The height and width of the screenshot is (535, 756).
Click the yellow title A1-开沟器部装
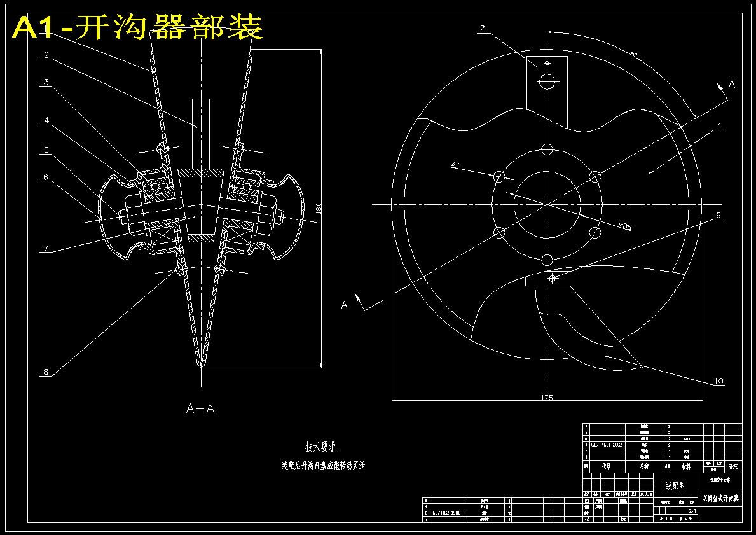click(x=137, y=27)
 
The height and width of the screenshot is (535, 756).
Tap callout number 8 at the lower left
click(x=45, y=373)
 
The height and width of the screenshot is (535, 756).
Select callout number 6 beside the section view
click(x=46, y=178)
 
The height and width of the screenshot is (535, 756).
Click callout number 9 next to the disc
click(x=718, y=216)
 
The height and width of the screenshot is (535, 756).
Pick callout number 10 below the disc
click(x=718, y=381)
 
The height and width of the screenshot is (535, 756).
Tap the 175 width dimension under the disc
click(x=547, y=398)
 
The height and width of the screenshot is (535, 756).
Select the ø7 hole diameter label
click(x=454, y=165)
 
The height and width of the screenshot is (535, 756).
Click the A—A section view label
click(x=200, y=409)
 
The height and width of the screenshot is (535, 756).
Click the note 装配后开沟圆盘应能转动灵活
click(x=324, y=466)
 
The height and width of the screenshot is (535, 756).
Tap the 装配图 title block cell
click(x=675, y=485)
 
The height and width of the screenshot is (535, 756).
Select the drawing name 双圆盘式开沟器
click(x=720, y=498)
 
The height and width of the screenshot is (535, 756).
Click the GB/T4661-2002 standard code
click(x=607, y=445)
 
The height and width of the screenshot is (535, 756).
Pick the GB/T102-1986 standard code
click(x=446, y=512)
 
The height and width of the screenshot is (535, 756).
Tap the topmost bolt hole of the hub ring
click(x=547, y=149)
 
